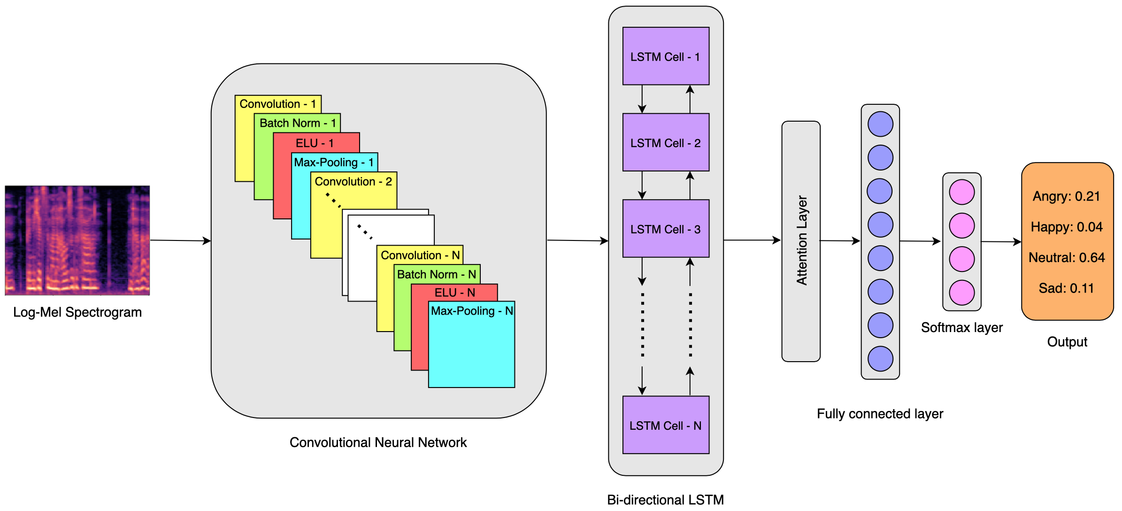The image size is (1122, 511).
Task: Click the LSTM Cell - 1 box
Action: tap(665, 56)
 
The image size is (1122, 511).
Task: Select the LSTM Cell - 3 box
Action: tap(665, 229)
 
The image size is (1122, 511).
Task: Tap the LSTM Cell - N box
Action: tap(665, 425)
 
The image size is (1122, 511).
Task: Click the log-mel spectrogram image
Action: tap(77, 240)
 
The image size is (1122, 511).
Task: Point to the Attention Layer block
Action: tap(801, 241)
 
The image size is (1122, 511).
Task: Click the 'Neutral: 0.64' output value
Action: tap(1067, 257)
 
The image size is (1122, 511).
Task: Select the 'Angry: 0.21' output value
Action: tap(1066, 196)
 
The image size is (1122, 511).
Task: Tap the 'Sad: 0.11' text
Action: tap(1066, 288)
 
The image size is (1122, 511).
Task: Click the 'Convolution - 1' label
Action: tap(277, 104)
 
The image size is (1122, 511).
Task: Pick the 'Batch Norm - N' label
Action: tap(436, 274)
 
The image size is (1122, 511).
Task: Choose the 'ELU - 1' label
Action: tap(315, 143)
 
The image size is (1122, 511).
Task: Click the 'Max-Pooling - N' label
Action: tap(471, 311)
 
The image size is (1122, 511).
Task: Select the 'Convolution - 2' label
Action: tap(353, 182)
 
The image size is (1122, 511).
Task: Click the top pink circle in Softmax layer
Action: tap(961, 192)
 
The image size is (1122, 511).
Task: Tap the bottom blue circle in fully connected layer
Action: tap(880, 359)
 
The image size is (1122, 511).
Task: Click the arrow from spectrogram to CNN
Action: tap(180, 241)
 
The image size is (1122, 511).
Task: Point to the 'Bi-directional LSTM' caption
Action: tap(665, 500)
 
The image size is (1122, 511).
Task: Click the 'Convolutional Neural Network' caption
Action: tap(378, 442)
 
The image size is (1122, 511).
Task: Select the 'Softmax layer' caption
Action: tap(961, 327)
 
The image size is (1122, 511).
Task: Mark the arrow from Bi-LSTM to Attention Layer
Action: tap(752, 240)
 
